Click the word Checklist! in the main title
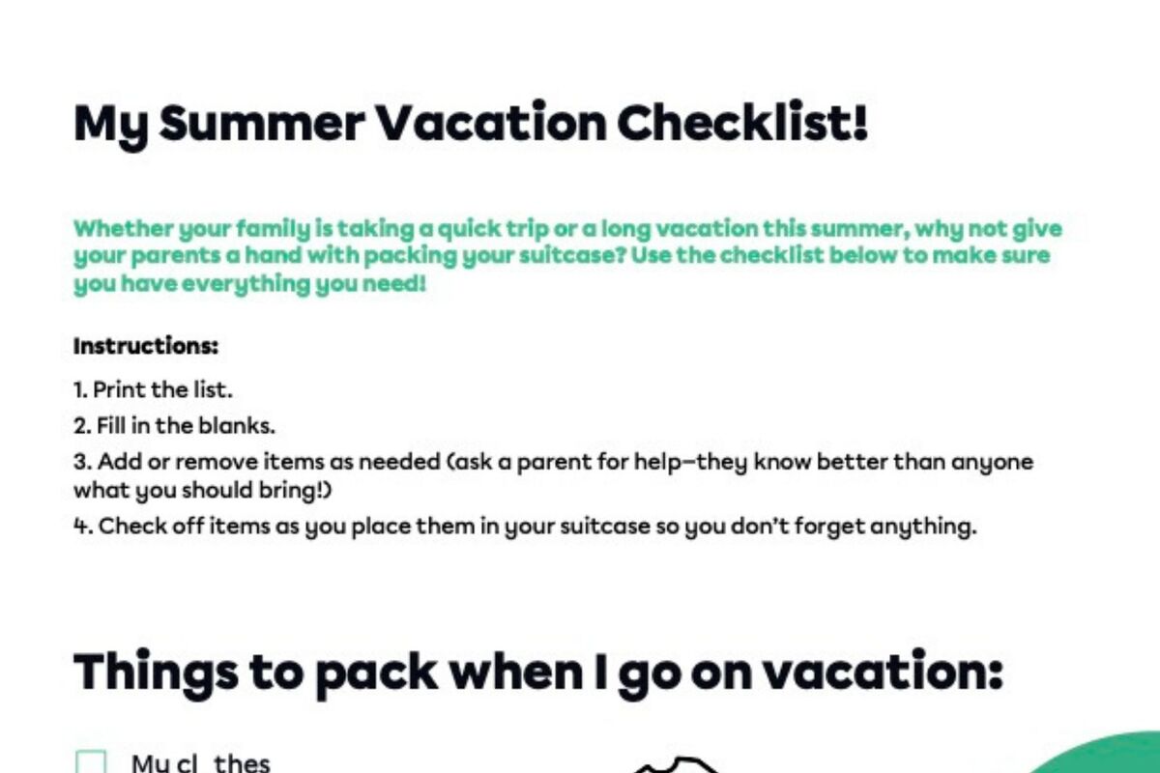pyautogui.click(x=741, y=123)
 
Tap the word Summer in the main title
pyautogui.click(x=261, y=123)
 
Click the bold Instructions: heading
pyautogui.click(x=146, y=345)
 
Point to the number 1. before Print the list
pyautogui.click(x=80, y=390)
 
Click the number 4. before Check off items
pyautogui.click(x=83, y=527)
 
